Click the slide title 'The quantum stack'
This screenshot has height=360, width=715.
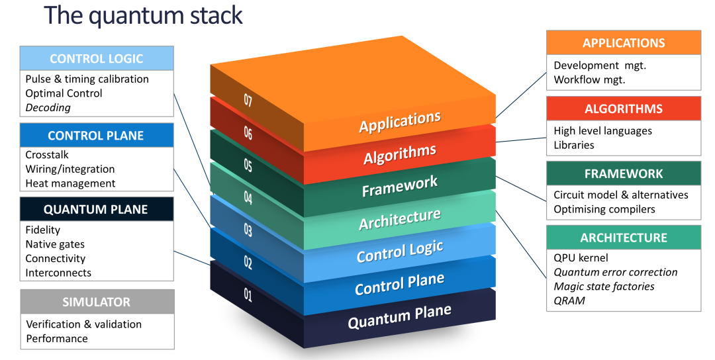(143, 16)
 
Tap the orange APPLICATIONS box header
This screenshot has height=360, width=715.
(623, 43)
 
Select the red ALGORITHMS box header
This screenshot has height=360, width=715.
(623, 109)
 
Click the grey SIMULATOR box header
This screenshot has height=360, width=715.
(97, 302)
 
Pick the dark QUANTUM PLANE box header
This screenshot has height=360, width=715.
(97, 209)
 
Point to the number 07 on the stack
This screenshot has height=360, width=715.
(248, 101)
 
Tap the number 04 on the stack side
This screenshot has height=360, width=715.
(248, 197)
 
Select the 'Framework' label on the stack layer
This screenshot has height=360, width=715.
(399, 187)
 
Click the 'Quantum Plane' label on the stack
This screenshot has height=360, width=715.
(399, 316)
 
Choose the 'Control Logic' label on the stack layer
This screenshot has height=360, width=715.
(399, 251)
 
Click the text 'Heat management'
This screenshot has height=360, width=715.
(70, 183)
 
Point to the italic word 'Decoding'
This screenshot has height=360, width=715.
(48, 108)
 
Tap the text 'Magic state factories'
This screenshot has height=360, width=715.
(604, 286)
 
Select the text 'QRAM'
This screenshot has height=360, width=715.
(569, 300)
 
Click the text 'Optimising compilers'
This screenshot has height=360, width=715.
(604, 209)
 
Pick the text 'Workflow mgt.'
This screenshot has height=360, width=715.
(589, 79)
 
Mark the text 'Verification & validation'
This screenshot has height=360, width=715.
(83, 324)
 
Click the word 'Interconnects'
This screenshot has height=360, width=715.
(58, 273)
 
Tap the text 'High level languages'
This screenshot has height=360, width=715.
(602, 131)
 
